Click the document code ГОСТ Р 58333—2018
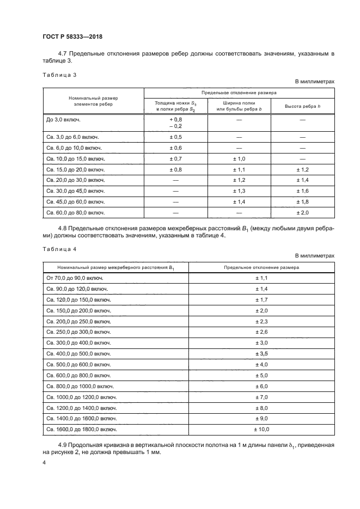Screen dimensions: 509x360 [x=72, y=36]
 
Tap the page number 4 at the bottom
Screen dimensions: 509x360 [x=44, y=462]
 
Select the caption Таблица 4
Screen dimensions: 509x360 [x=56, y=249]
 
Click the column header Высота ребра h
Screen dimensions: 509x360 [x=303, y=105]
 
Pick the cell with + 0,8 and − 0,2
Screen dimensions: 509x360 [x=175, y=122]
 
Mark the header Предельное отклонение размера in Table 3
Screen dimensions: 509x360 [x=239, y=93]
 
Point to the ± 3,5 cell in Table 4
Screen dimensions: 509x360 [x=263, y=353]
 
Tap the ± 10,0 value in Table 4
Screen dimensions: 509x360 [x=263, y=430]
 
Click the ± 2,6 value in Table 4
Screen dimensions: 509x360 [x=263, y=332]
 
